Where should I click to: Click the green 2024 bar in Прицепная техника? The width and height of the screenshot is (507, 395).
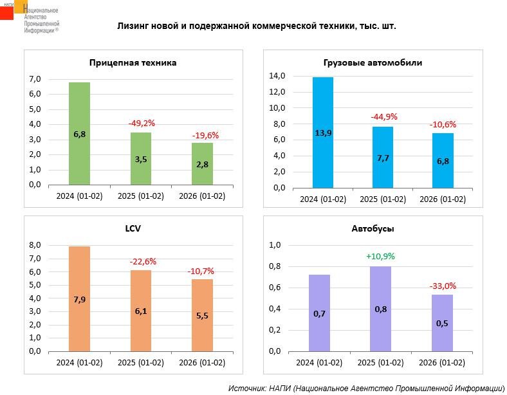(x=79, y=134)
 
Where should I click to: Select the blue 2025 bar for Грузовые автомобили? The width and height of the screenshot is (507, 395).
(x=382, y=158)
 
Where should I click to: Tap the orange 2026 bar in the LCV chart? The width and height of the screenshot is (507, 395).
(x=202, y=315)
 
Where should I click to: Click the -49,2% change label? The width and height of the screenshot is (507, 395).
(x=141, y=123)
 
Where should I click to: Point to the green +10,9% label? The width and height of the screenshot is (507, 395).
(x=380, y=256)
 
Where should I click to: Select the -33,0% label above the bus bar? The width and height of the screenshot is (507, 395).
(x=442, y=286)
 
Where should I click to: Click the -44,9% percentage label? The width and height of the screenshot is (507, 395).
(x=383, y=116)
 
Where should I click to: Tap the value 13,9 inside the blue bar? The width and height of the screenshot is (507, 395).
(x=323, y=133)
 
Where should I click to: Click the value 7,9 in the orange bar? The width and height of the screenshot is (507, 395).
(x=79, y=298)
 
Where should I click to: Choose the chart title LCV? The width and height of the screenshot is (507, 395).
(x=133, y=228)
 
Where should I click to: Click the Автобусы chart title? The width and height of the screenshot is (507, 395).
(x=373, y=228)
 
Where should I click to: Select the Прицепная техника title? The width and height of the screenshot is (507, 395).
(x=133, y=63)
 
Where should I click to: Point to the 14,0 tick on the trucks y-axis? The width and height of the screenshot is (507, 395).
(x=277, y=76)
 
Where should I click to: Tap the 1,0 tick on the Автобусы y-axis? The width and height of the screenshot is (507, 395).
(x=275, y=245)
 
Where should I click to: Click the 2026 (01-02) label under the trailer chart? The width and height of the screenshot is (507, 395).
(x=202, y=196)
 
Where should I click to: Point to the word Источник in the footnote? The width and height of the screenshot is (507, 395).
(x=246, y=388)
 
